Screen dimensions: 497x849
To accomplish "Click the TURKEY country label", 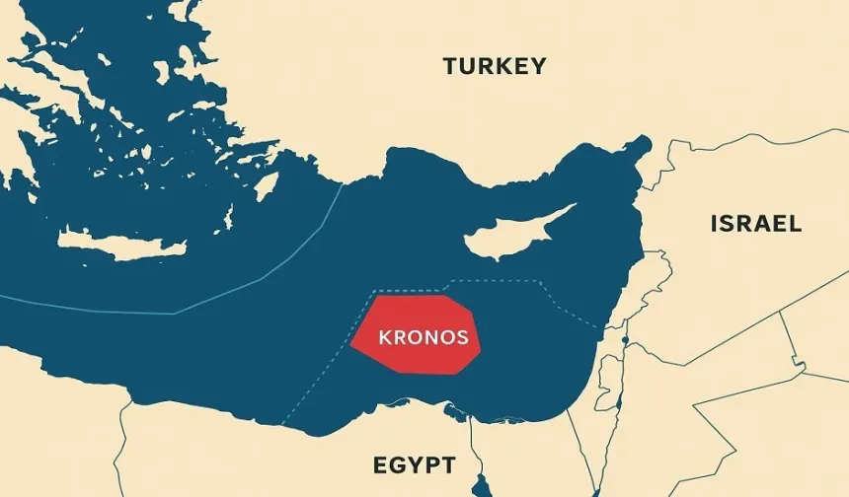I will point(494,67).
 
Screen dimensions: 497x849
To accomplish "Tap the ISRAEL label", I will point(755,224).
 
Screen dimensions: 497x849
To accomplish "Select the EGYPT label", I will point(414,464).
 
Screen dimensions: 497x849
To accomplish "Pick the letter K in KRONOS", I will point(385,336).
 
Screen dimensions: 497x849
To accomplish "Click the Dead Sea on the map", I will point(624,351).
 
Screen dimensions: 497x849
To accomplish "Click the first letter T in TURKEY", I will point(451,67).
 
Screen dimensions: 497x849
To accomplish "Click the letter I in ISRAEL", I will point(714,224).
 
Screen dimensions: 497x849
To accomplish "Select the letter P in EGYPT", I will point(431,464).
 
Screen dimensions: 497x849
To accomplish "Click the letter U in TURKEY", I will point(469,67).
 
